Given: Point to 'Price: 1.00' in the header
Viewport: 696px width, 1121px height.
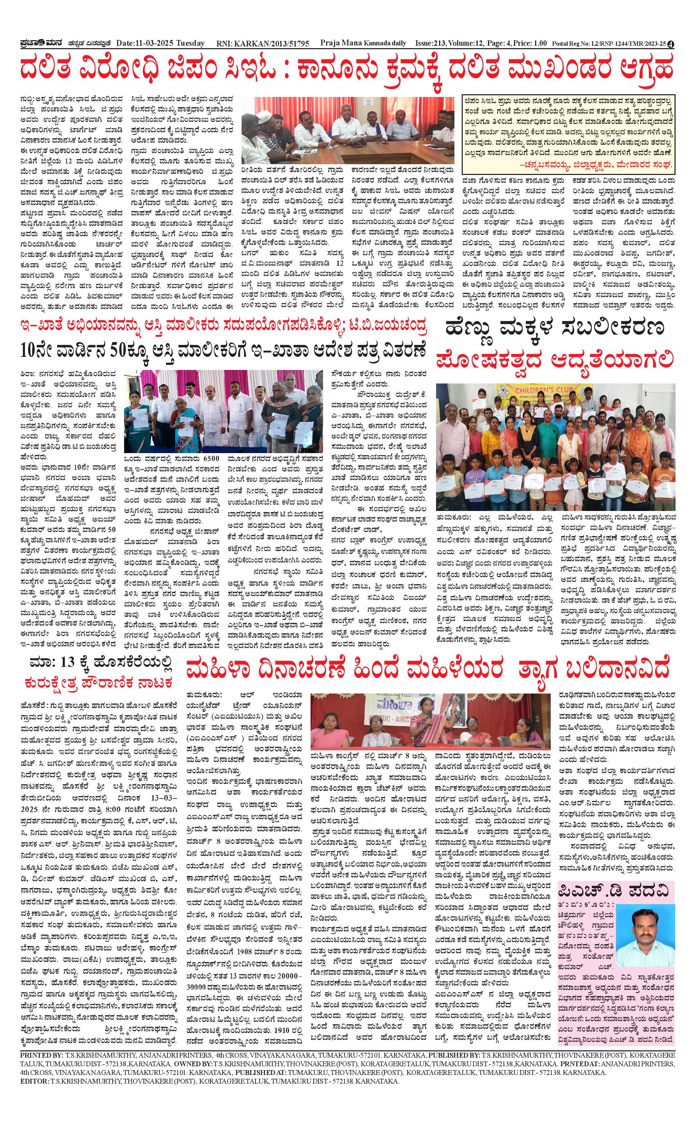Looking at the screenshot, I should [530, 43].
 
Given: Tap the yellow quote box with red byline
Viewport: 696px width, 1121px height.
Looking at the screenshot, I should [568, 132].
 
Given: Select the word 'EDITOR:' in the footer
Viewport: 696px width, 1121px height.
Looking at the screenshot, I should [35, 1068].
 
